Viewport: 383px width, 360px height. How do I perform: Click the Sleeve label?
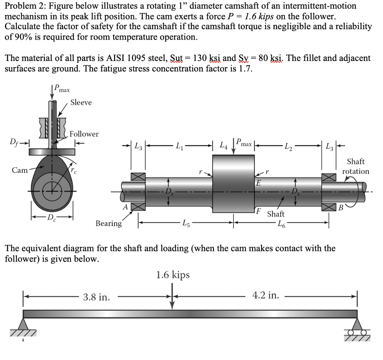pos(81,102)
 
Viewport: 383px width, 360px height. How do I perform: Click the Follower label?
pos(84,134)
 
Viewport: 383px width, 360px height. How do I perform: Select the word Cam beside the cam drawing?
pos(19,170)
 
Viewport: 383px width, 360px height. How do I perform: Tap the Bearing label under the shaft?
pos(108,223)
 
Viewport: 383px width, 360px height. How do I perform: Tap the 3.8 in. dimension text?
pos(96,298)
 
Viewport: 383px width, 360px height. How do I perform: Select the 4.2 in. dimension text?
pos(266,295)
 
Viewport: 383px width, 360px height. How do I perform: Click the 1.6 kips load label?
pos(172,275)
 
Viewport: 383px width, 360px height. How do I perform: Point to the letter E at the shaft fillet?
pos(258,183)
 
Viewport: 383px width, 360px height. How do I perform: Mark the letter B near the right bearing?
pos(340,208)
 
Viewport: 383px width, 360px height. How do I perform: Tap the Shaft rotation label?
pos(355,167)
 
